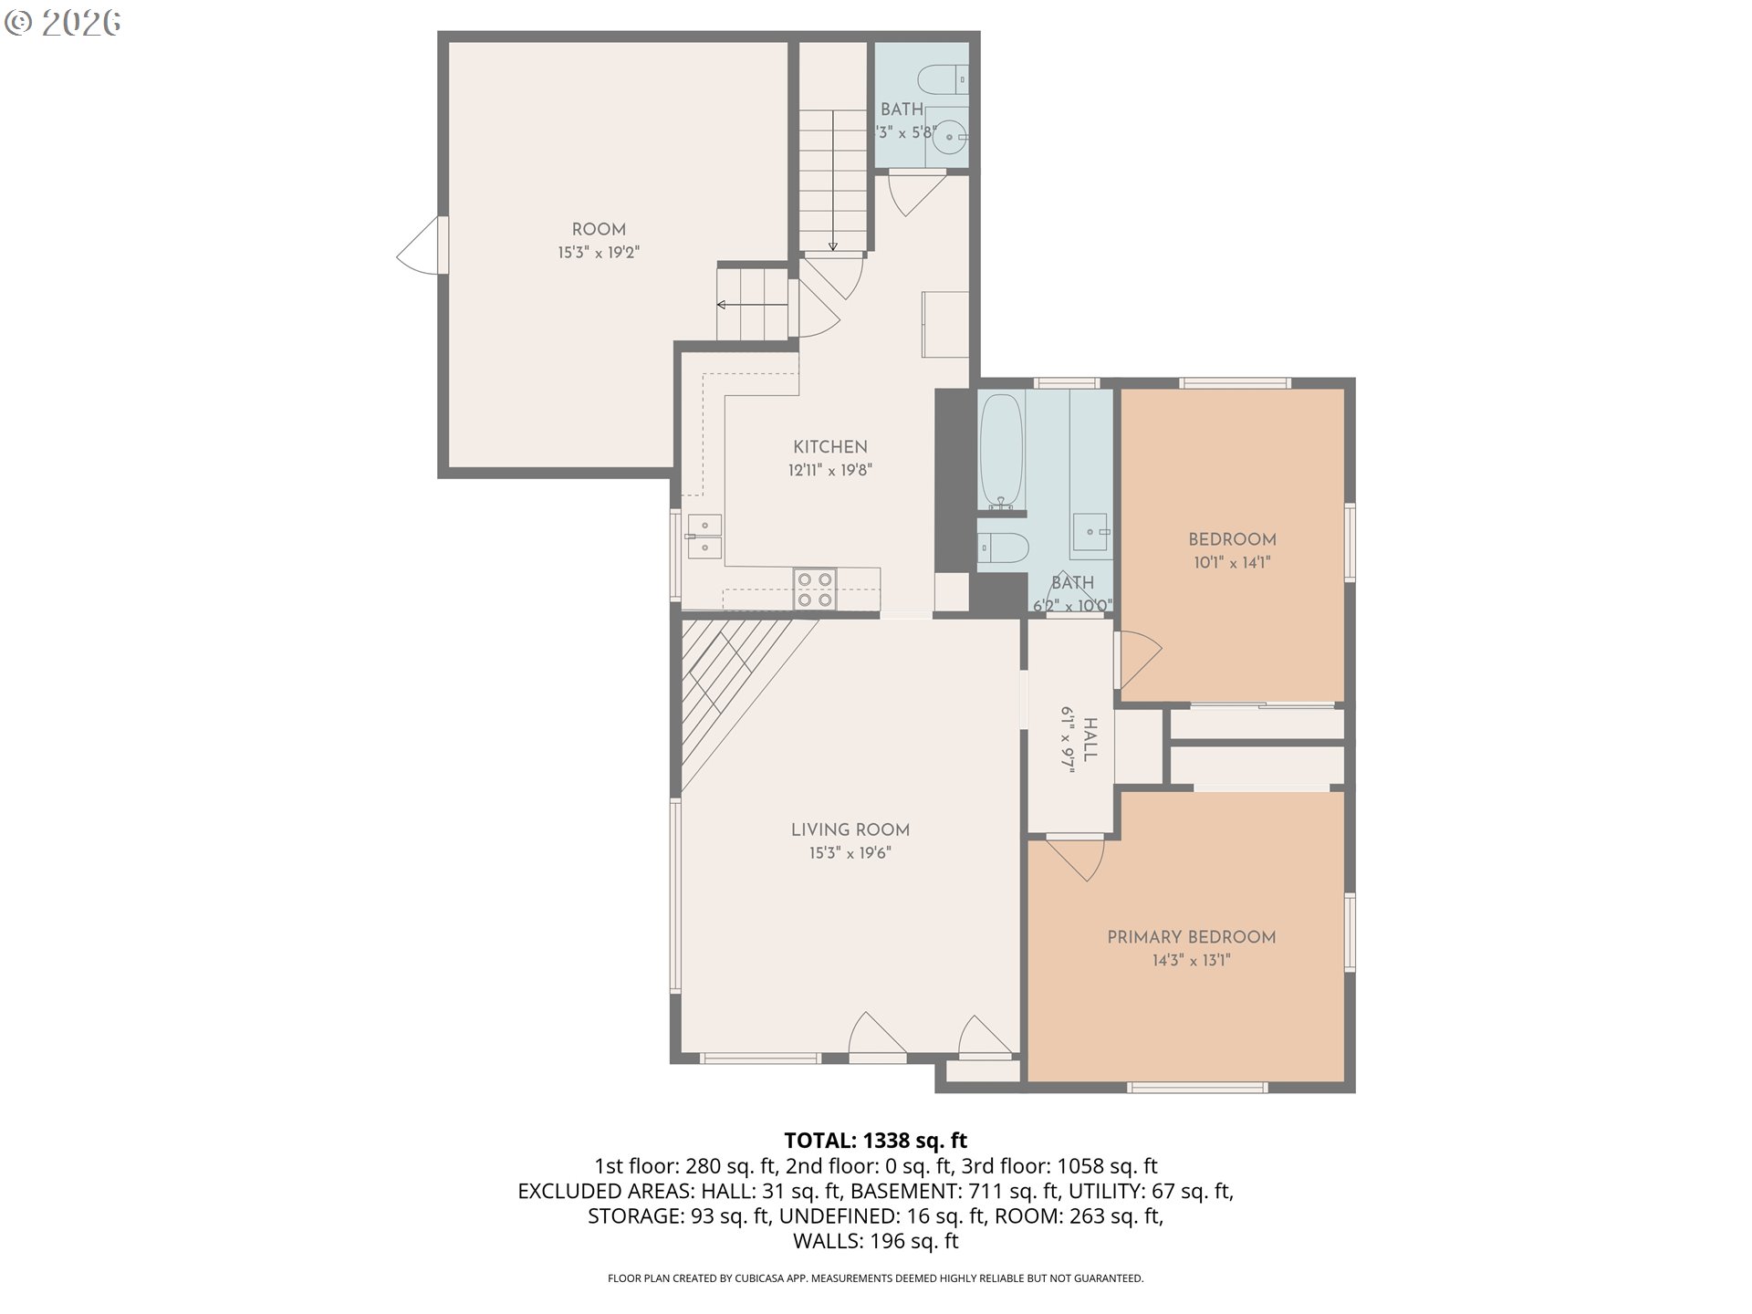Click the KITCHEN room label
(829, 447)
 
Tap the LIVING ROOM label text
(850, 829)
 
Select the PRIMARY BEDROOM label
(1191, 937)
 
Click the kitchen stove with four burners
(815, 589)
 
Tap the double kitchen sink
(704, 537)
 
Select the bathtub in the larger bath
(1001, 451)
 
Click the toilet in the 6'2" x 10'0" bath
(1002, 547)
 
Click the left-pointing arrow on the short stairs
(722, 305)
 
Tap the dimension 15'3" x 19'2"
(599, 253)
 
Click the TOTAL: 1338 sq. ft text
(875, 1141)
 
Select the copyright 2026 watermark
(62, 23)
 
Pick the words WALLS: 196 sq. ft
(875, 1241)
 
